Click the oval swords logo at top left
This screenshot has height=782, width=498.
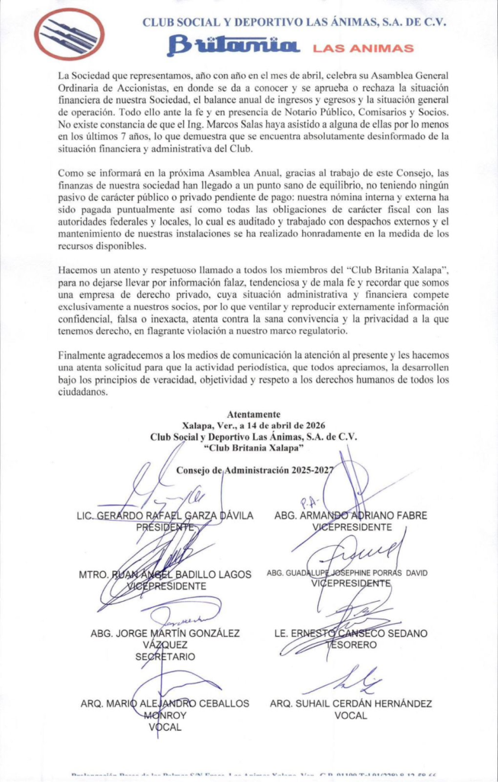coord(69,34)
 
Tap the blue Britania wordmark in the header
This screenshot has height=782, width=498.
coord(233,47)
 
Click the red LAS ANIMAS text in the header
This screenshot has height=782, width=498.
coord(364,48)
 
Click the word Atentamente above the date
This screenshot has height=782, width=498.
coord(253,415)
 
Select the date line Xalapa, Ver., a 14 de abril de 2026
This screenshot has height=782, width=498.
coord(253,426)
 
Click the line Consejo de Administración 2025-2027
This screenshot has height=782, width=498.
coord(255,470)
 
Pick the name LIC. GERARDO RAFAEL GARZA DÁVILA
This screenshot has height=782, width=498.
coord(165,516)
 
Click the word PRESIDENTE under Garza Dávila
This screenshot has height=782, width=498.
coord(165,527)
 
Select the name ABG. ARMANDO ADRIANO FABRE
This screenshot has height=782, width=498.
coord(351,516)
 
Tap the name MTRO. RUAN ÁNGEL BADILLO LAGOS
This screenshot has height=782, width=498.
coord(165,574)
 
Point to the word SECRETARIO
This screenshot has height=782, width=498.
coord(165,656)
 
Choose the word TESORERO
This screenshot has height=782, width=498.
coord(351,645)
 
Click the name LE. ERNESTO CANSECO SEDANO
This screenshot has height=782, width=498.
coord(351,634)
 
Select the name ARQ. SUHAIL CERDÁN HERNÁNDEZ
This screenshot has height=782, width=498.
coord(351,703)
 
